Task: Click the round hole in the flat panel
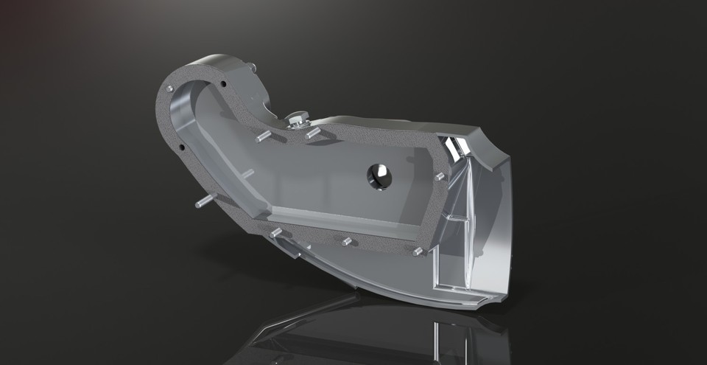pos(380,175)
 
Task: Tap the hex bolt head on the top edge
pos(297,119)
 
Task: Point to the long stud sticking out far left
pos(203,200)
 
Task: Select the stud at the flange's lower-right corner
pos(418,251)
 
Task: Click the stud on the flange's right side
pos(440,177)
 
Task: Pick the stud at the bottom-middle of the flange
pos(346,241)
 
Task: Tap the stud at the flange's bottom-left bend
pos(276,232)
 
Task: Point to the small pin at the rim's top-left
pos(170,88)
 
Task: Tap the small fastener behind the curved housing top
pos(253,68)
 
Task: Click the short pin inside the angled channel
pos(248,174)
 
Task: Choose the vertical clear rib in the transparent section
pos(465,221)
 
